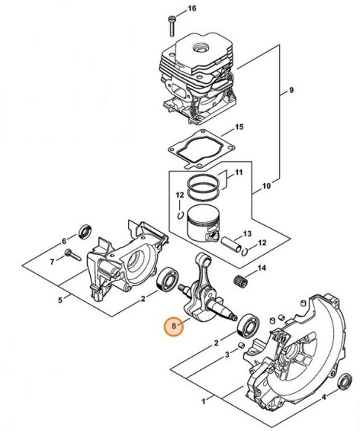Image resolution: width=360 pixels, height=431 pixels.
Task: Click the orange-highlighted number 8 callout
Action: click(x=173, y=326)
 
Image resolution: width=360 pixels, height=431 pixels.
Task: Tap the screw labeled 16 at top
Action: click(x=172, y=26)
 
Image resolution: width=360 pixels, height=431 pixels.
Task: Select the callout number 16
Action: click(x=192, y=8)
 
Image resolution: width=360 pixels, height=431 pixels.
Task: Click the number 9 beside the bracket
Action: click(x=292, y=90)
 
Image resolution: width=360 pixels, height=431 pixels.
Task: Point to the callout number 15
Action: click(x=239, y=127)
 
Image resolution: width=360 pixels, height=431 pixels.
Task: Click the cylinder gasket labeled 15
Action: click(x=202, y=149)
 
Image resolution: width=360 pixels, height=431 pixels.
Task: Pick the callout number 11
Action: click(x=239, y=172)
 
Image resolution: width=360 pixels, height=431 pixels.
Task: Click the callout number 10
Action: click(x=266, y=186)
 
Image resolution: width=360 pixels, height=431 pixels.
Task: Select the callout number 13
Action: click(x=247, y=233)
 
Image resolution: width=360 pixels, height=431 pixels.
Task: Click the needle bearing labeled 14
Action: click(x=239, y=280)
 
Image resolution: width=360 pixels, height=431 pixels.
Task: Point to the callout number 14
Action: click(x=262, y=268)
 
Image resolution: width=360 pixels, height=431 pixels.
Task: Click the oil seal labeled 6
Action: click(x=85, y=232)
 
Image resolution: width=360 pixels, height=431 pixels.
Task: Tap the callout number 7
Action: click(x=52, y=262)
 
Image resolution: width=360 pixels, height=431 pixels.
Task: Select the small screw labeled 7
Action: click(x=73, y=255)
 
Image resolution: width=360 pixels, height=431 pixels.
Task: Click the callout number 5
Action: click(x=60, y=299)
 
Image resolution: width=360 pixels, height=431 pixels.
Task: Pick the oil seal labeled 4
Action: click(x=345, y=382)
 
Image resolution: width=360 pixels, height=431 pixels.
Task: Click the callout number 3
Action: click(x=227, y=355)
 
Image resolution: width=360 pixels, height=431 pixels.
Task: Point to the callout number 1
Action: click(x=204, y=401)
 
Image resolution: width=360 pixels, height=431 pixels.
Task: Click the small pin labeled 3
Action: click(x=241, y=346)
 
